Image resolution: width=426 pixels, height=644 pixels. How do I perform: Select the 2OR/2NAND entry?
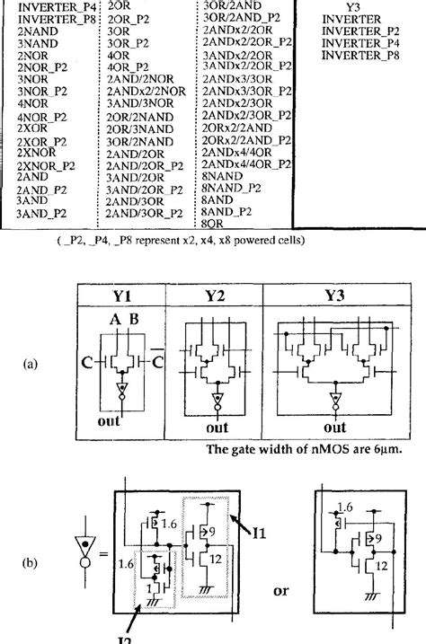(138, 116)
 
